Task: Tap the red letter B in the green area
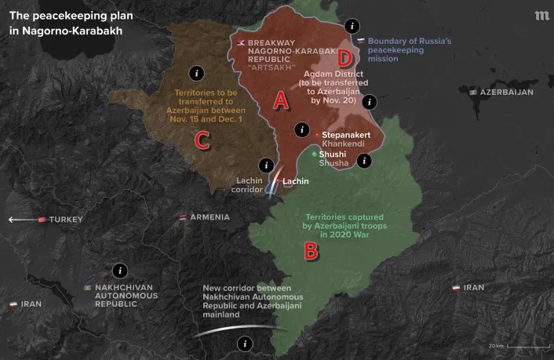[x=311, y=252]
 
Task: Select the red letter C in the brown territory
[x=202, y=140]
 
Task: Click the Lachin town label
[x=296, y=181]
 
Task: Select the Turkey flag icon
[x=42, y=220]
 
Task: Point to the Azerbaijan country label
[x=505, y=92]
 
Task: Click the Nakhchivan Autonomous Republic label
[x=126, y=296]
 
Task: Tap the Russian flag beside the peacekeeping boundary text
[x=360, y=41]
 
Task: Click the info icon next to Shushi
[x=364, y=161]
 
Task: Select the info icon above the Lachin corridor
[x=267, y=165]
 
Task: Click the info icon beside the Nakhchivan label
[x=119, y=270]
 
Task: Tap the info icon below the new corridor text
[x=246, y=343]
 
